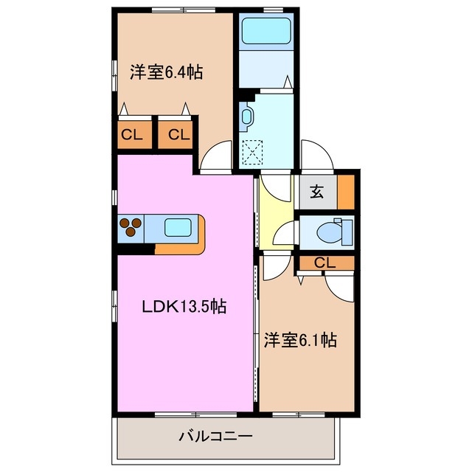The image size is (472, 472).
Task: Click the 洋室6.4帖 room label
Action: (167, 72)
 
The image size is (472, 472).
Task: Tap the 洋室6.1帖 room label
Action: (301, 340)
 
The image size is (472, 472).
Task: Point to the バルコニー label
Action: (215, 437)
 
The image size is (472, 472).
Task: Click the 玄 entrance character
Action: (316, 192)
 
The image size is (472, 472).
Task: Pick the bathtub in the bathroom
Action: (267, 32)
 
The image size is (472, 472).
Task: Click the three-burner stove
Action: (131, 228)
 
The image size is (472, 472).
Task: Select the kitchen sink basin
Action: (178, 228)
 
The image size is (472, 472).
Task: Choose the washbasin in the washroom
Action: (246, 116)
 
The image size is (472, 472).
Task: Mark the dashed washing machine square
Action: (254, 153)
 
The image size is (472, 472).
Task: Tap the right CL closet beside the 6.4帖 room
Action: (177, 135)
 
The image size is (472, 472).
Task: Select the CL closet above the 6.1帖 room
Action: (325, 263)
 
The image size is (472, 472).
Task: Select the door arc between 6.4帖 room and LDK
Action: (215, 156)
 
